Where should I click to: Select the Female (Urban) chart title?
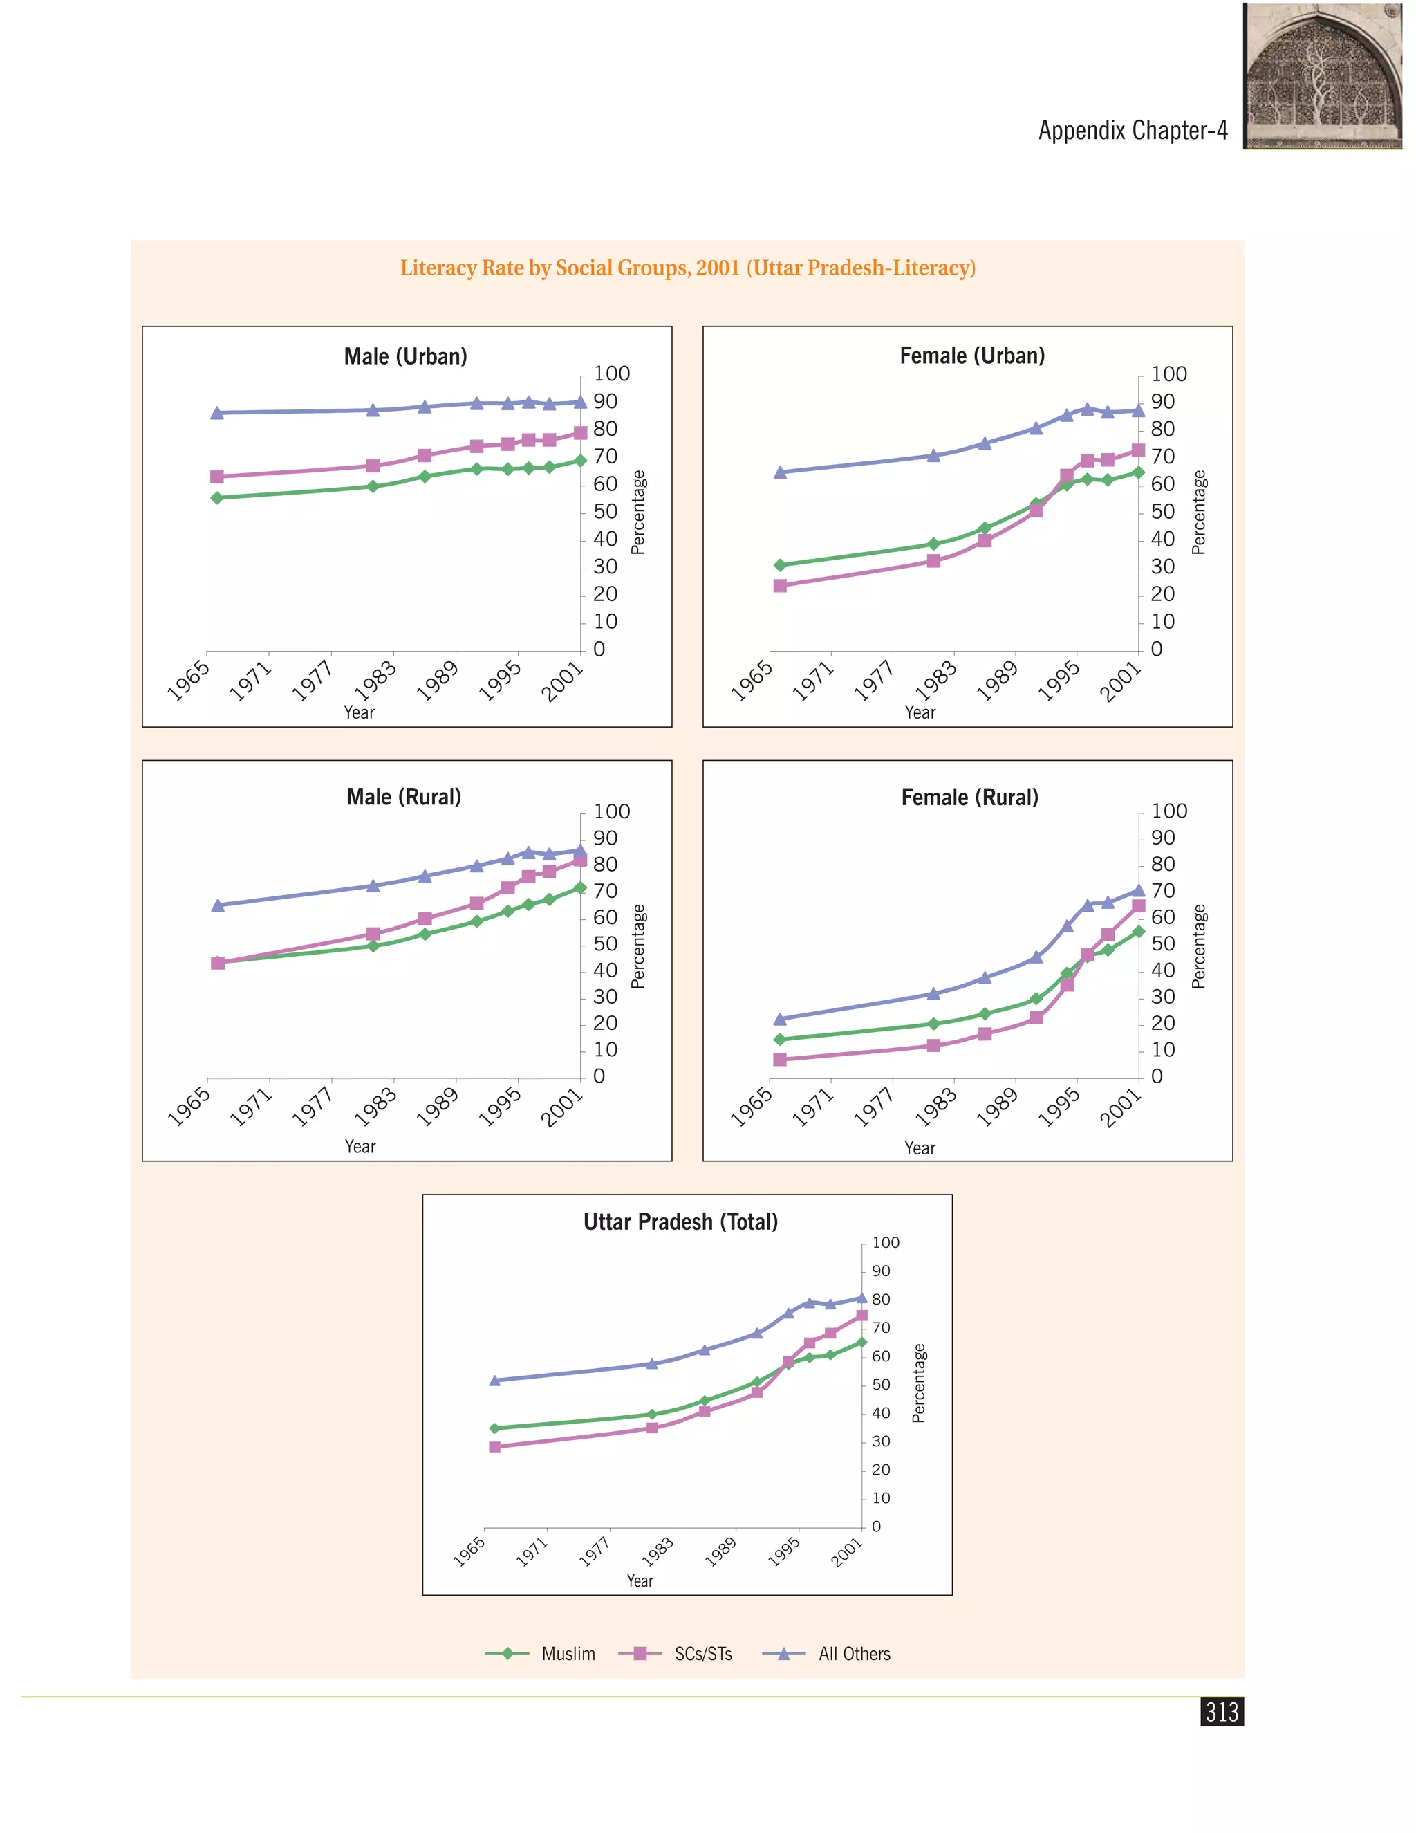pyautogui.click(x=972, y=356)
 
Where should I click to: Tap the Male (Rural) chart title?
pyautogui.click(x=404, y=796)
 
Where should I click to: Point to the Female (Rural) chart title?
pyautogui.click(x=970, y=798)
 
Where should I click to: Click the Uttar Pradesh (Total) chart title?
pyautogui.click(x=680, y=1222)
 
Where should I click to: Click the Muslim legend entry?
pyautogui.click(x=540, y=1653)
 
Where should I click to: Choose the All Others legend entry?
pyautogui.click(x=826, y=1653)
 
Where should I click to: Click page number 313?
pyautogui.click(x=1222, y=1711)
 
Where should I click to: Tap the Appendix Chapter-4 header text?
pyautogui.click(x=1133, y=130)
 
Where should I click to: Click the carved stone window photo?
pyautogui.click(x=1323, y=75)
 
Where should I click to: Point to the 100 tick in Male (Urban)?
pyautogui.click(x=611, y=374)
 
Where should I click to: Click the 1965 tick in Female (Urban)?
pyautogui.click(x=751, y=680)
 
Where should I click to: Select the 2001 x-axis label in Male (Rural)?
pyautogui.click(x=561, y=1107)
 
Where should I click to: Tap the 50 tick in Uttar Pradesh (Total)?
pyautogui.click(x=881, y=1384)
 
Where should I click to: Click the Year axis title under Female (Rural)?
pyautogui.click(x=920, y=1148)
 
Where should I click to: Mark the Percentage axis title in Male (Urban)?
pyautogui.click(x=638, y=512)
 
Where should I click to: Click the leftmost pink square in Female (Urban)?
pyautogui.click(x=780, y=585)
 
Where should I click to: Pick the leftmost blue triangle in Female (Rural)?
pyautogui.click(x=780, y=1018)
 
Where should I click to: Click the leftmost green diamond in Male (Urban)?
pyautogui.click(x=217, y=498)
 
